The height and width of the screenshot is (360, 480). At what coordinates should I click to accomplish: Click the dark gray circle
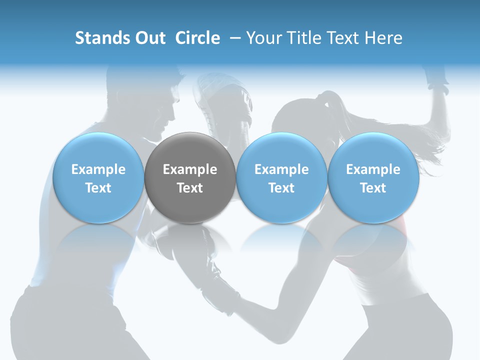point(190,177)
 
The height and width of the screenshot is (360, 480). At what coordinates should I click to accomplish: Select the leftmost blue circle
point(98,177)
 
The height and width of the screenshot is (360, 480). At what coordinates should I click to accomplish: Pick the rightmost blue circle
point(373,177)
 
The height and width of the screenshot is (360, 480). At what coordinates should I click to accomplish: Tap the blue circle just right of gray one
point(281,177)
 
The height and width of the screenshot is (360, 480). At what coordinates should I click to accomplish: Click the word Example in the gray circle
point(190,169)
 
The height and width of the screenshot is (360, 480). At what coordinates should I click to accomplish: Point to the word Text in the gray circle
point(190,188)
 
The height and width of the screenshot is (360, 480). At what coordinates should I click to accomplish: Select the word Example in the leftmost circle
point(98,169)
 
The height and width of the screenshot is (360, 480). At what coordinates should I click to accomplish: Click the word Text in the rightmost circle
point(373,188)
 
